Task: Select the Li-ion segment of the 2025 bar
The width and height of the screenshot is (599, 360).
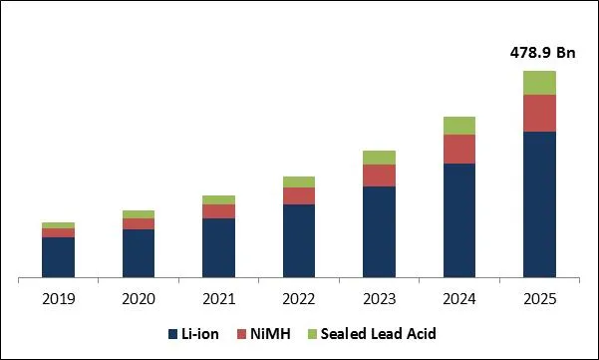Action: click(x=539, y=204)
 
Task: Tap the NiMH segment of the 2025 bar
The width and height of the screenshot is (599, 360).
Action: click(x=539, y=113)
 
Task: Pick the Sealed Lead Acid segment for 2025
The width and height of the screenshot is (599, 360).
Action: click(x=539, y=83)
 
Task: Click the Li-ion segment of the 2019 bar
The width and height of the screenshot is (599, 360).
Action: click(x=58, y=257)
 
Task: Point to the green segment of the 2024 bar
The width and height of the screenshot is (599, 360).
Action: click(x=458, y=126)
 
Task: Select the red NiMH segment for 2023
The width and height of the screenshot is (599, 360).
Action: click(x=379, y=176)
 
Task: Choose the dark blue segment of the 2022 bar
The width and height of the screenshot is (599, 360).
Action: click(x=298, y=240)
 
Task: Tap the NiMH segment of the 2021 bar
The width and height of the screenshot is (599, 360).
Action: click(x=218, y=211)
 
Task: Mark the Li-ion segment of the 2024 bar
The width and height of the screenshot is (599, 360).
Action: click(x=458, y=220)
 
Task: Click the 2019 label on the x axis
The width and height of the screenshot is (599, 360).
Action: click(x=58, y=298)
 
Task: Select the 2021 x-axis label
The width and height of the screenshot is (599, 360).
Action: click(x=218, y=298)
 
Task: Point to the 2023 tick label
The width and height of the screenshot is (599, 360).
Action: click(x=379, y=298)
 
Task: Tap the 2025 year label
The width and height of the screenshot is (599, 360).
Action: click(x=539, y=298)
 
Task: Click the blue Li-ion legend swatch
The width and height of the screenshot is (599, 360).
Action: click(x=172, y=333)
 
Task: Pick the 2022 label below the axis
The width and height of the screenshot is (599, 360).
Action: click(x=298, y=298)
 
